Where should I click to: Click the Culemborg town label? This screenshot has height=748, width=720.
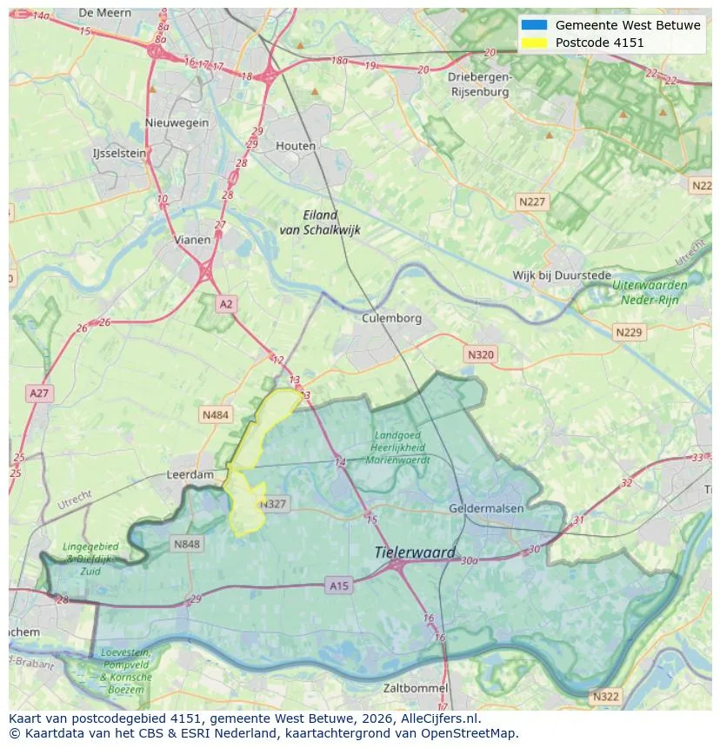tap(391, 318)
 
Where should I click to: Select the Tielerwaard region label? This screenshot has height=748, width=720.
tap(415, 553)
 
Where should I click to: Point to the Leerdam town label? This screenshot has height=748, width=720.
tap(190, 475)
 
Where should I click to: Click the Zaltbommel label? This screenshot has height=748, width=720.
tap(416, 688)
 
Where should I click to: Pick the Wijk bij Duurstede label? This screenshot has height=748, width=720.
tap(562, 275)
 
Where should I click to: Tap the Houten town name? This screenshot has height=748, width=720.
tap(296, 146)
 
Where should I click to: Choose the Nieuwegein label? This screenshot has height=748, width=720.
tap(177, 122)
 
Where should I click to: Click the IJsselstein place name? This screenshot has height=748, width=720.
tap(119, 153)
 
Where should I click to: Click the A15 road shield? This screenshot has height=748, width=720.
tap(339, 586)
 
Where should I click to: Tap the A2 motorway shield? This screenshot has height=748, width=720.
tap(226, 303)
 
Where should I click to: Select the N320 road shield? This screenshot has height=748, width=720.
tap(480, 354)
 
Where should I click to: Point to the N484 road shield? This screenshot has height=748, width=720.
tap(215, 415)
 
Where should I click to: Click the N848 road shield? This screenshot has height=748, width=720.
tap(186, 545)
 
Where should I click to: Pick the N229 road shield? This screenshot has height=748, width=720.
tap(628, 332)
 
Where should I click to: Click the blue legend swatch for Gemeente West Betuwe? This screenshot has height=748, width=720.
tap(534, 25)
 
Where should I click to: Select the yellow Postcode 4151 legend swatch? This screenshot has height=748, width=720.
tap(534, 43)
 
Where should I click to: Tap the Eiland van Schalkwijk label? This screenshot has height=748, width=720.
tap(319, 222)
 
